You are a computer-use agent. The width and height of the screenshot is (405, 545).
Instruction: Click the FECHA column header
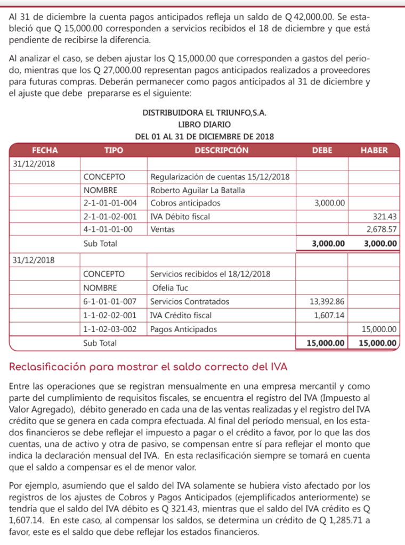click(x=45, y=150)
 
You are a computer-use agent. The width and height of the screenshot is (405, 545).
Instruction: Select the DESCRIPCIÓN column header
click(x=221, y=150)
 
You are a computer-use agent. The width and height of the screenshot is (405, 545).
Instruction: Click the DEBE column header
click(x=321, y=150)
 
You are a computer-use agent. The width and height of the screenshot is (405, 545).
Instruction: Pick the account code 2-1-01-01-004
click(x=114, y=203)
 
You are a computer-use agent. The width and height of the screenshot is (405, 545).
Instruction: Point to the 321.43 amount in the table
click(x=385, y=216)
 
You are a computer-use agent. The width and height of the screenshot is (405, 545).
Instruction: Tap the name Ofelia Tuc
click(x=169, y=288)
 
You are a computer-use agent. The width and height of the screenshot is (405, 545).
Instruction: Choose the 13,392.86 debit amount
click(x=327, y=301)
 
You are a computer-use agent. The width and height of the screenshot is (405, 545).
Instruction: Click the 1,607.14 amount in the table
click(x=330, y=315)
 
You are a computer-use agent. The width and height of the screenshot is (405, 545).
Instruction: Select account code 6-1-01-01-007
click(x=114, y=301)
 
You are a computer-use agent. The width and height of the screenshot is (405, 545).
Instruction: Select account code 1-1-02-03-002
click(x=114, y=328)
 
